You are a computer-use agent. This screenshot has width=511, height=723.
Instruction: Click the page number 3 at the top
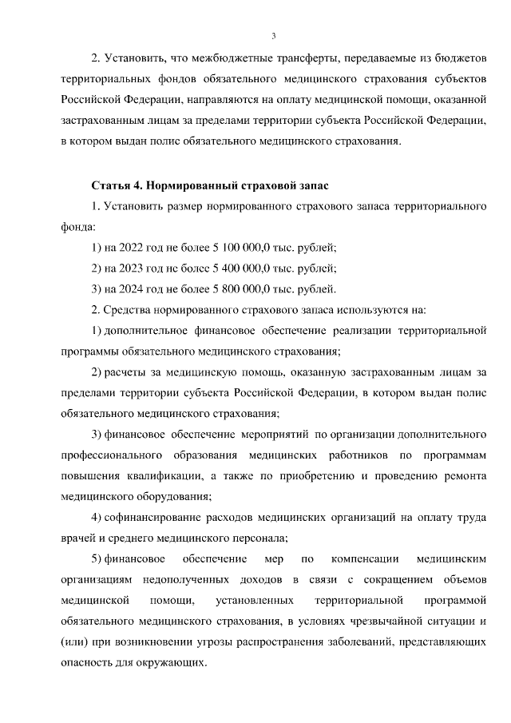(x=273, y=35)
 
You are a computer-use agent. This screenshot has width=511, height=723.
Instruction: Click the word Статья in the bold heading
(x=110, y=186)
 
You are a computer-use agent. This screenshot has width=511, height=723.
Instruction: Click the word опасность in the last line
(x=88, y=662)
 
